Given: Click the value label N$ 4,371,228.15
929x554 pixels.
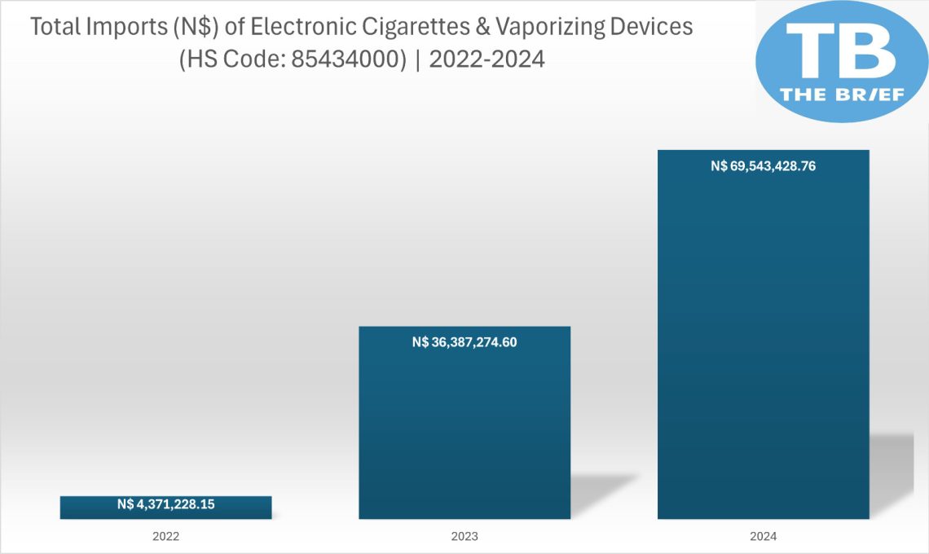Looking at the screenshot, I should click(x=165, y=504).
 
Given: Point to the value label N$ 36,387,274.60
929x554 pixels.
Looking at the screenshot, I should click(x=464, y=342).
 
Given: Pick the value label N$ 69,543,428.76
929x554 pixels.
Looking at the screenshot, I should click(x=764, y=166).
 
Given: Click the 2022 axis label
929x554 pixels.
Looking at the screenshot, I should click(x=165, y=537).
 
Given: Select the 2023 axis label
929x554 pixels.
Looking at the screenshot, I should click(x=464, y=537).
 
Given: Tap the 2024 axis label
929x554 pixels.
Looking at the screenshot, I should click(x=764, y=537).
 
